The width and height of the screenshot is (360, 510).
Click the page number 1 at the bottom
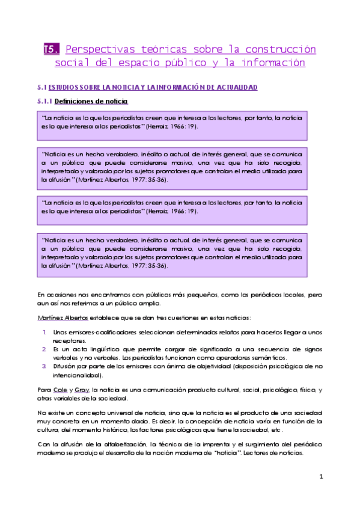321,477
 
